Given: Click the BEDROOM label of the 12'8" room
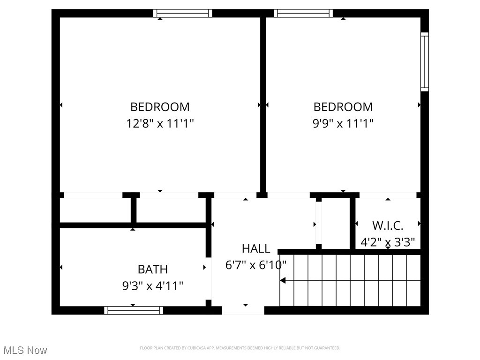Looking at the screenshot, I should click(160, 107).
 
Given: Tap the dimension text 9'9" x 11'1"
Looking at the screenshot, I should click(343, 124).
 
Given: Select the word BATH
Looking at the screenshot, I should click(152, 270).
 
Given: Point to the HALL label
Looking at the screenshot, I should click(256, 248).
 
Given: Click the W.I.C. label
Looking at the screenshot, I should click(388, 225).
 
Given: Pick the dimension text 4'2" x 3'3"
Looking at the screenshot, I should click(388, 243).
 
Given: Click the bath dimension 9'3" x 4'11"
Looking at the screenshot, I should click(152, 286).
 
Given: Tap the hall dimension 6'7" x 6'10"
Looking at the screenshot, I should click(256, 265).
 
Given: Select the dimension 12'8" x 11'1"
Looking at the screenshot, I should click(160, 124).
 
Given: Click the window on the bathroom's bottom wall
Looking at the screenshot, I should click(134, 310).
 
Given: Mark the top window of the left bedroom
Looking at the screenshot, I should click(183, 13).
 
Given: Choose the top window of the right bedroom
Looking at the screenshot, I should click(303, 13).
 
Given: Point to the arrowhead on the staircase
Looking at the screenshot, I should click(283, 281).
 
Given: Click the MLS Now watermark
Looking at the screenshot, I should click(25, 350).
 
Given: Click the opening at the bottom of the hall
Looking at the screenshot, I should click(243, 310).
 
